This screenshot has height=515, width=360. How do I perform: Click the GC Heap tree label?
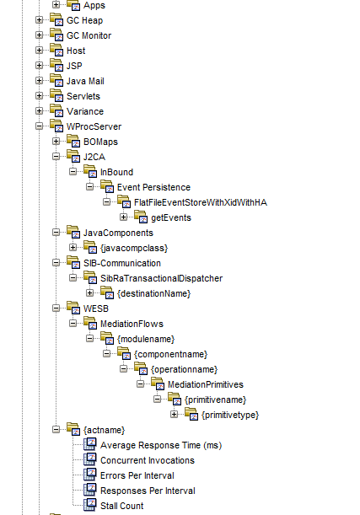pos(84,20)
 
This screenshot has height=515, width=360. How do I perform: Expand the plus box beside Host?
pos(39,51)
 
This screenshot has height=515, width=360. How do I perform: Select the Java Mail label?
pos(85,81)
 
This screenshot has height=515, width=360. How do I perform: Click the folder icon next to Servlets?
pos(56,95)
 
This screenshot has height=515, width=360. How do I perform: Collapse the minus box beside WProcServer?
pos(39,126)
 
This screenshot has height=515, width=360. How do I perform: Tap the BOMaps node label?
pos(100,142)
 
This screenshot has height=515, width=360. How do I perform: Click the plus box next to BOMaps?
pos(56,142)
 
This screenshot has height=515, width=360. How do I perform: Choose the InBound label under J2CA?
pos(116,172)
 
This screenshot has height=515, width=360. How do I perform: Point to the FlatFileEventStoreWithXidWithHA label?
pos(201,202)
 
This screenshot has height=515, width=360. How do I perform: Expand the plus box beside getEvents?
pos(123,217)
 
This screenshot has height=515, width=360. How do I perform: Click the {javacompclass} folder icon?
pos(90,247)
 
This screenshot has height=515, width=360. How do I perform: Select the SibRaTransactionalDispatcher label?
pos(161,278)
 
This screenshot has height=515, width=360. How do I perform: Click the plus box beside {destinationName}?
pos(89,293)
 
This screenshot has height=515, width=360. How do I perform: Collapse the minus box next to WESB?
pos(56,308)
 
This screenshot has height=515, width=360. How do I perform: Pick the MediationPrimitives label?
pos(205,384)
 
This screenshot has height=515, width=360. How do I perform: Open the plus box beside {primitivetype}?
pos(174,414)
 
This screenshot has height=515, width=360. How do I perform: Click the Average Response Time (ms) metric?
pos(161,445)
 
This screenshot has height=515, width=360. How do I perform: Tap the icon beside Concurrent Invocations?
pos(90,460)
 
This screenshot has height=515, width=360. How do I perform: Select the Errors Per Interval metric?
pos(137,475)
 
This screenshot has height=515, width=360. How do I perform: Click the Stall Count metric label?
pos(122,506)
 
